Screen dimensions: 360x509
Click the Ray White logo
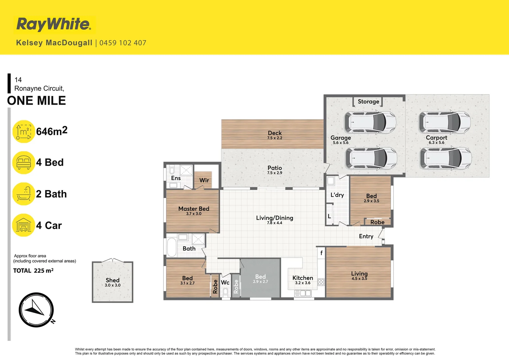(54, 25)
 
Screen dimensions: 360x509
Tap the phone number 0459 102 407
(123, 43)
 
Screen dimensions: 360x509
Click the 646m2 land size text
(52, 131)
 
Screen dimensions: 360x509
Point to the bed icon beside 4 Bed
(24, 163)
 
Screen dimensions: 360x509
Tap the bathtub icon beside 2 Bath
(24, 194)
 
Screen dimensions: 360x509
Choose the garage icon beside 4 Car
(24, 225)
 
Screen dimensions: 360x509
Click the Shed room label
(113, 280)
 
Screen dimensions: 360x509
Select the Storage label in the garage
(368, 102)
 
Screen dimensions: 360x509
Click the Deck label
(274, 133)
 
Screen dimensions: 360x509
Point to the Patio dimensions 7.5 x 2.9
(274, 173)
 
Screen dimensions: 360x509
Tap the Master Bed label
(194, 209)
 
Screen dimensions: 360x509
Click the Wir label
(204, 180)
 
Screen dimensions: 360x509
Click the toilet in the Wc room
(226, 292)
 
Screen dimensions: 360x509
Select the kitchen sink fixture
(303, 293)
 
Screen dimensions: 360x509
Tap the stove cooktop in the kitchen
(321, 282)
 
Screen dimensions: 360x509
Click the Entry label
(366, 236)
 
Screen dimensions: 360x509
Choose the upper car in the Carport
(445, 122)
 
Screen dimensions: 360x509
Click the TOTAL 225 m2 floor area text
(33, 271)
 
